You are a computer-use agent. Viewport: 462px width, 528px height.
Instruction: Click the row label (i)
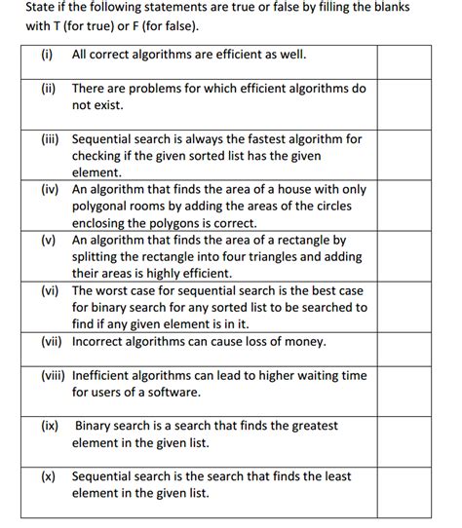(47, 55)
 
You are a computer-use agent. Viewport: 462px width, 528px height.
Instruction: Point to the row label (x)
(49, 476)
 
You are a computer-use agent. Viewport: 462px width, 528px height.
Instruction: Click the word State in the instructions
(42, 7)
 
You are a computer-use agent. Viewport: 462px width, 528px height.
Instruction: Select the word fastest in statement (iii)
(270, 139)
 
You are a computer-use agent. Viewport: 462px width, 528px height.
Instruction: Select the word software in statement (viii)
(173, 392)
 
